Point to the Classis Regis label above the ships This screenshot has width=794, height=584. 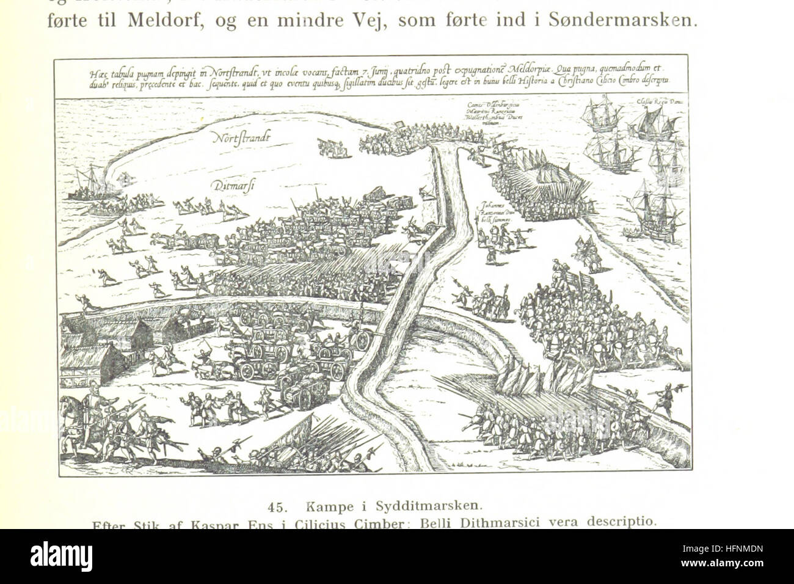(654, 102)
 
